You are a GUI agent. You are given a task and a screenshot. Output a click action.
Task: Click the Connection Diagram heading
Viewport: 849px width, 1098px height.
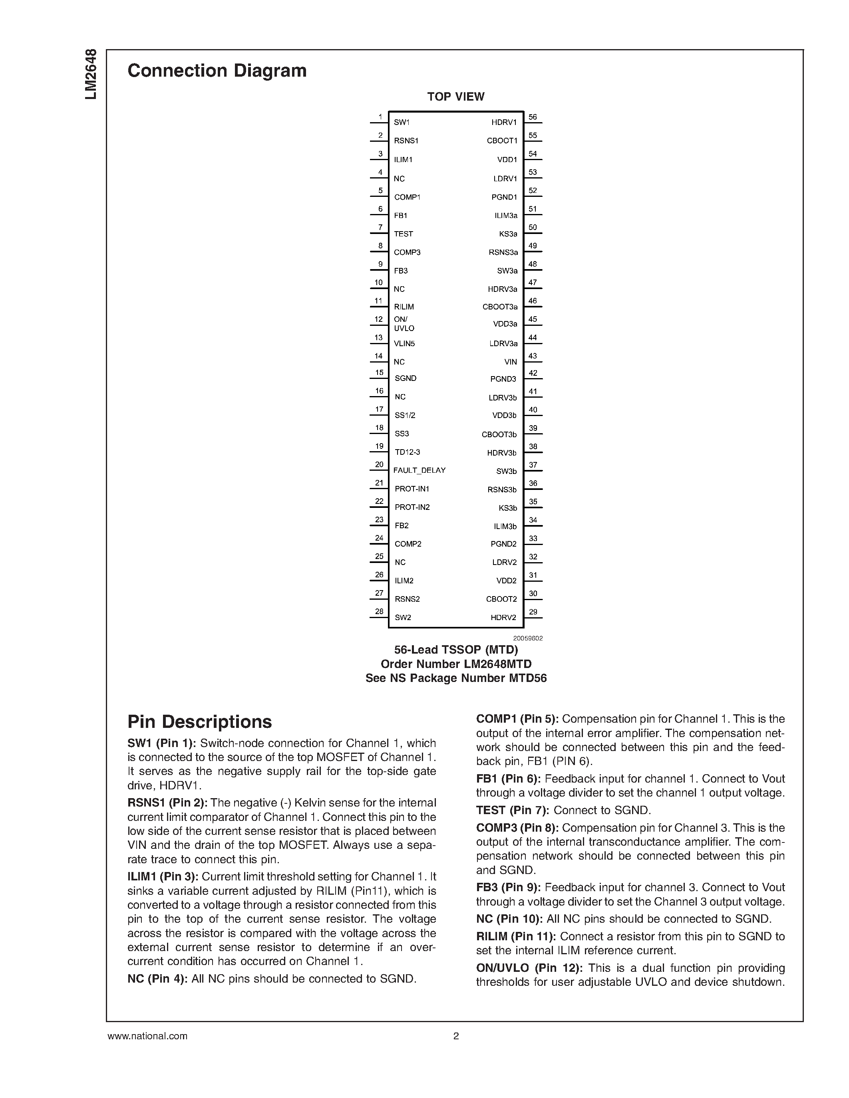(x=217, y=71)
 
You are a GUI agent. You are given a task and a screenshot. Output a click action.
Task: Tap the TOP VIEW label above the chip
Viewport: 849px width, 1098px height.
(x=456, y=97)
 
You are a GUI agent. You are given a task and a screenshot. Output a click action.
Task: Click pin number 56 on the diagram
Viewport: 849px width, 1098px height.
(x=533, y=117)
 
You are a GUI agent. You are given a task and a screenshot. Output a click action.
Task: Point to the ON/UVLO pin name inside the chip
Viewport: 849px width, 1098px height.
(x=404, y=324)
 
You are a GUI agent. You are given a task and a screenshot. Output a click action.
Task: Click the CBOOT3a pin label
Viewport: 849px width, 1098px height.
(x=500, y=307)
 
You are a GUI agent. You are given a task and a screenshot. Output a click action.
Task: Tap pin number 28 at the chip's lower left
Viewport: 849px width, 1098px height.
(x=379, y=611)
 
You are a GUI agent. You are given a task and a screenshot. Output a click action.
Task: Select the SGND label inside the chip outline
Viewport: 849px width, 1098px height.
(x=406, y=378)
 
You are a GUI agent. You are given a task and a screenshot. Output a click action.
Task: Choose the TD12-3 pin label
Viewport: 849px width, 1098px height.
(x=408, y=452)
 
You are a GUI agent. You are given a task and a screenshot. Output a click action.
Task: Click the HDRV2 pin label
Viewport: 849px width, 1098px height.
(x=503, y=617)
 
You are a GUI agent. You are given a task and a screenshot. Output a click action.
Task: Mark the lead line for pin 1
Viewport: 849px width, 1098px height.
(x=379, y=122)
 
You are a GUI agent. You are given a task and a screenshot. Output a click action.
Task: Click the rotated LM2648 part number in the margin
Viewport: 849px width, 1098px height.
(x=91, y=74)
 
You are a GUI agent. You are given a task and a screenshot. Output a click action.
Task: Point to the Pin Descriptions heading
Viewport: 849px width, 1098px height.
(x=199, y=722)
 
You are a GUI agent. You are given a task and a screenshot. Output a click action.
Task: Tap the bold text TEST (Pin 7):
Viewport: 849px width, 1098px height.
(x=513, y=811)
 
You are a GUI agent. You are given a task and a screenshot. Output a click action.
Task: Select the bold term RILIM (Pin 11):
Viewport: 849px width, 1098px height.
(x=516, y=936)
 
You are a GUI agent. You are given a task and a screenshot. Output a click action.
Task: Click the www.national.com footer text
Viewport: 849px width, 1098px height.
(x=147, y=1036)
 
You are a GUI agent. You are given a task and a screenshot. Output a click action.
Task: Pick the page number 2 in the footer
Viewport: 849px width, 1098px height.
(x=456, y=1036)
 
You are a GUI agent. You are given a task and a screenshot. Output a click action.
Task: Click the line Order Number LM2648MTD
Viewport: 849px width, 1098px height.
(x=456, y=664)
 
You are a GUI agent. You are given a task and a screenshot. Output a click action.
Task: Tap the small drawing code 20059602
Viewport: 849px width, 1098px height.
(x=528, y=638)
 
